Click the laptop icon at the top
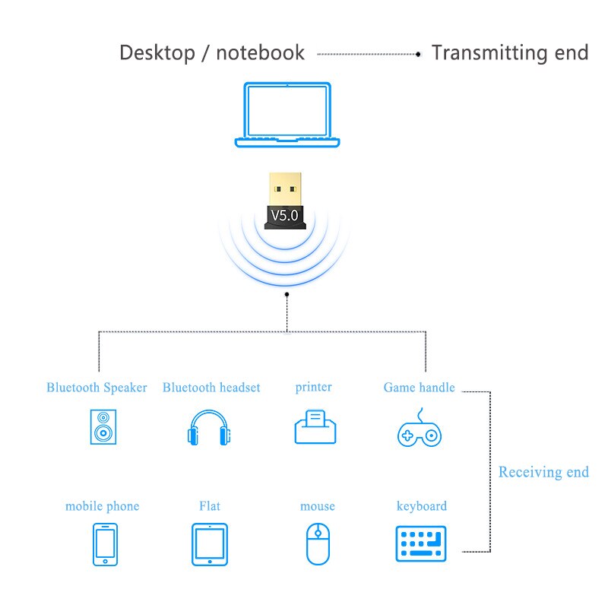click(287, 115)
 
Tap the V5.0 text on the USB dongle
click(285, 215)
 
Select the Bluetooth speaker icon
click(103, 427)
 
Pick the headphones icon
click(209, 428)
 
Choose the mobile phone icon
click(105, 544)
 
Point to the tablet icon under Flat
click(210, 544)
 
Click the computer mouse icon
click(316, 543)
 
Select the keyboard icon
click(421, 543)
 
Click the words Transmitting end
click(510, 53)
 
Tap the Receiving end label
click(543, 472)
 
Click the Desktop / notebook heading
click(212, 53)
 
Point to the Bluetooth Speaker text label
click(97, 388)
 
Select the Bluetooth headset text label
click(211, 388)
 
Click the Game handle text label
click(419, 388)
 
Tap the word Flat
click(210, 506)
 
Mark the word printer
click(314, 387)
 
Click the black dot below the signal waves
click(287, 293)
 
